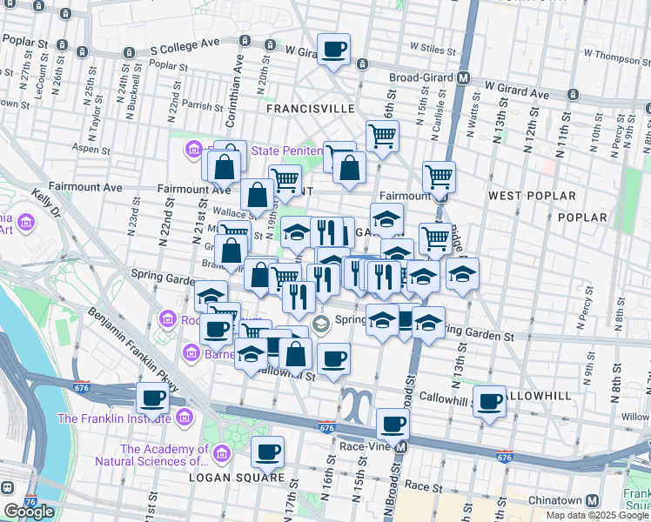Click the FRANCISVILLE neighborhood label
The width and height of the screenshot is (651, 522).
[x=311, y=109]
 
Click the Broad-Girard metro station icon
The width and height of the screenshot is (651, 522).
[x=464, y=77]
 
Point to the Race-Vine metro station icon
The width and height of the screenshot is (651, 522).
[x=401, y=447]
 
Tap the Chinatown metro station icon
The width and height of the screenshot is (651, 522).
[x=592, y=501]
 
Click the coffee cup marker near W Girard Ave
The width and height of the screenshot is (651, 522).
[x=333, y=50]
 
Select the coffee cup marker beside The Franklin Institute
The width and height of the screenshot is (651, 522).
[x=153, y=399]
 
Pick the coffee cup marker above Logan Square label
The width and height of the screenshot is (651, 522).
[x=267, y=452]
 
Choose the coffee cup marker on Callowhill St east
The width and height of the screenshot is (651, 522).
[x=490, y=402]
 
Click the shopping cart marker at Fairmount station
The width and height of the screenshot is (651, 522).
[x=440, y=177]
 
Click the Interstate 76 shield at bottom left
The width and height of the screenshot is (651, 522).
[x=32, y=503]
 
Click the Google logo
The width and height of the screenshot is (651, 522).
[x=29, y=512]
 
